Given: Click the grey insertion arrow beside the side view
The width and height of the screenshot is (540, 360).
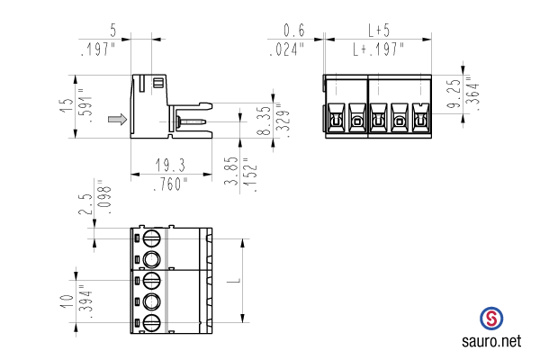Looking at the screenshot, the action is click(117, 119).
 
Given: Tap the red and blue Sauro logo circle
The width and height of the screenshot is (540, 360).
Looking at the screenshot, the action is click(491, 319).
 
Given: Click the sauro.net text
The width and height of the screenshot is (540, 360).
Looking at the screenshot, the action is click(491, 341).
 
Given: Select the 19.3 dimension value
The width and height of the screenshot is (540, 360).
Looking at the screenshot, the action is click(170, 165).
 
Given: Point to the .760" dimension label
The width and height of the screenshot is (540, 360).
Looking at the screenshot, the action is click(170, 184).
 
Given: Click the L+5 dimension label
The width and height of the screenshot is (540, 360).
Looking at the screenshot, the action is click(379, 31).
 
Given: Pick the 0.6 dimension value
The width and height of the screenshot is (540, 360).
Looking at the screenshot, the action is click(294, 31).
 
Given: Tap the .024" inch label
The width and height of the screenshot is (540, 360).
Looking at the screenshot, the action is click(287, 49).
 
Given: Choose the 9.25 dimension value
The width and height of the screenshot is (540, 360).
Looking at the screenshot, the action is click(454, 94).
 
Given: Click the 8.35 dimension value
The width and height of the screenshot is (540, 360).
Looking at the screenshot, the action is click(265, 121).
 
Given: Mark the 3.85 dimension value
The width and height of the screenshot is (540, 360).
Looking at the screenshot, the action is click(231, 171).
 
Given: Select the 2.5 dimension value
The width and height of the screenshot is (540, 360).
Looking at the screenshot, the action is click(85, 204).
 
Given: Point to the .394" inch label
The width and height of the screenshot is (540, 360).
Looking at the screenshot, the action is click(85, 301).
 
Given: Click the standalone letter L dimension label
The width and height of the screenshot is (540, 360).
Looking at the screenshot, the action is click(234, 281).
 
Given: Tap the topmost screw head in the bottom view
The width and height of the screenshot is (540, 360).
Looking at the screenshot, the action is click(151, 238).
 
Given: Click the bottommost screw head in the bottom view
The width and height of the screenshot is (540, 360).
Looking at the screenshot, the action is click(151, 323).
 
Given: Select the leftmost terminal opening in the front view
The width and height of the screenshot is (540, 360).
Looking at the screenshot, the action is click(336, 118).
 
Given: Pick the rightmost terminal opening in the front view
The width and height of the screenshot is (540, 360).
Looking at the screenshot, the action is click(420, 118).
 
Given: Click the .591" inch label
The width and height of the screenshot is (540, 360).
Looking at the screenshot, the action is click(85, 106).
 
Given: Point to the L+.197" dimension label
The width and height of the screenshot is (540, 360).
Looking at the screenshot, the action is click(378, 49).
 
